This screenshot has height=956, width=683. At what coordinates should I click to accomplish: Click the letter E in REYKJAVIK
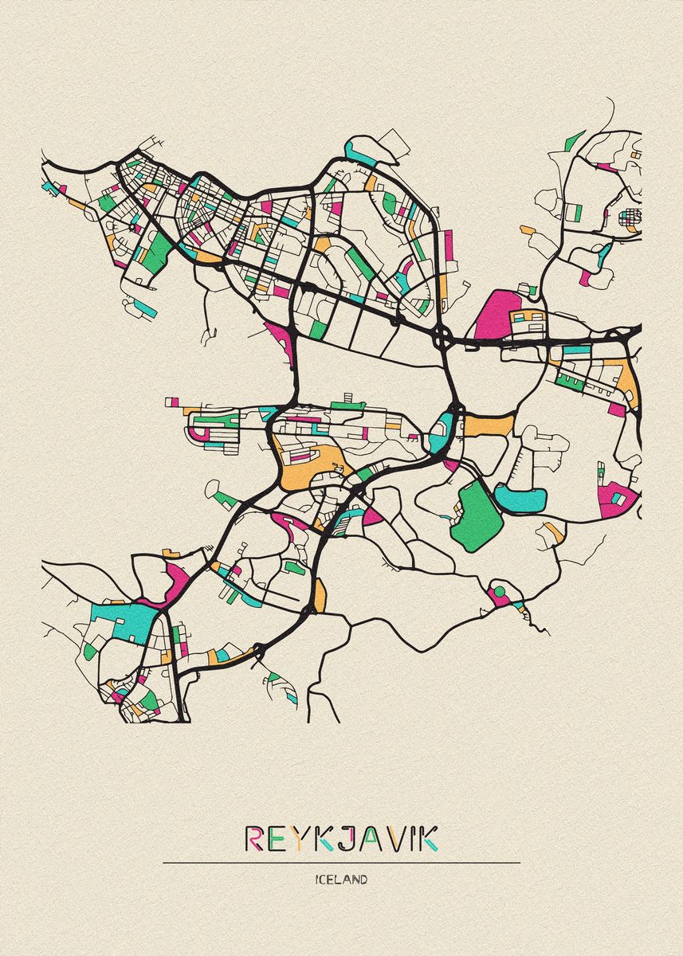tap(279, 838)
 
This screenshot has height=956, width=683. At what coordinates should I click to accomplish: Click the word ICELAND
tap(341, 880)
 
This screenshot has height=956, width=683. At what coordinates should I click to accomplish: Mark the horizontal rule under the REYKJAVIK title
tap(341, 862)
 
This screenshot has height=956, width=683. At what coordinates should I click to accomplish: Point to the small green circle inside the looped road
tap(500, 592)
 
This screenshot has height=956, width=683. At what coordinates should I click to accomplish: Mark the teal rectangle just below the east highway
tap(576, 349)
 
